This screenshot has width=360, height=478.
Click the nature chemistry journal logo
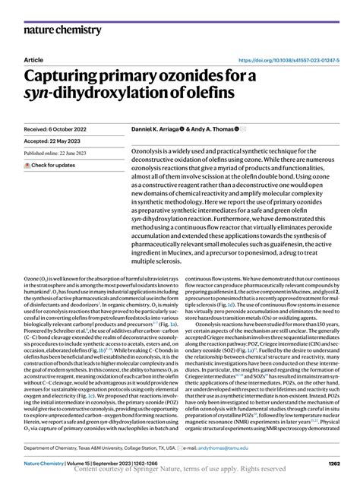pos(62,30)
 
